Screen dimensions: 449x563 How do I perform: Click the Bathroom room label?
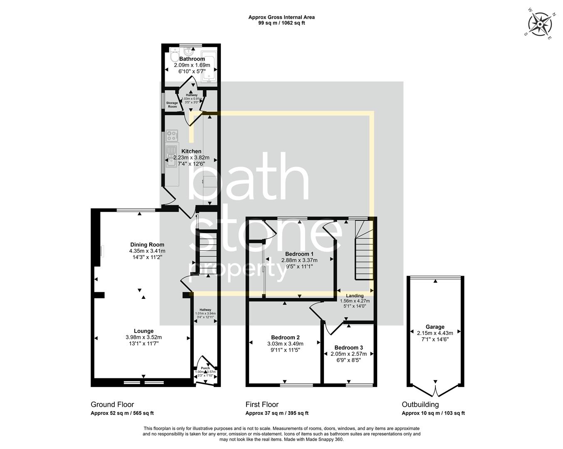[192, 59]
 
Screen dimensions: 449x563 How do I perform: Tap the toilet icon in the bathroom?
[175, 57]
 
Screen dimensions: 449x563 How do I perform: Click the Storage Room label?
[172, 105]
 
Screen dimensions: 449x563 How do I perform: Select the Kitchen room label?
[191, 151]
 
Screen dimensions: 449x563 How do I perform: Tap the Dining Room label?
[147, 245]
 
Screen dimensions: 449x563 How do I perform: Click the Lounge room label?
[143, 331]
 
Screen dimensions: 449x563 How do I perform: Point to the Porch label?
[205, 368]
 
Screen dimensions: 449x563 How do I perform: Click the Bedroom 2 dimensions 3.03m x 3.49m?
[285, 344]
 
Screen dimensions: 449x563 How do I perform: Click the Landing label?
[355, 296]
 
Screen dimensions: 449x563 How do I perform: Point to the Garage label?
[435, 327]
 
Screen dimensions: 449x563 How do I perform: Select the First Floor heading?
[262, 405]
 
